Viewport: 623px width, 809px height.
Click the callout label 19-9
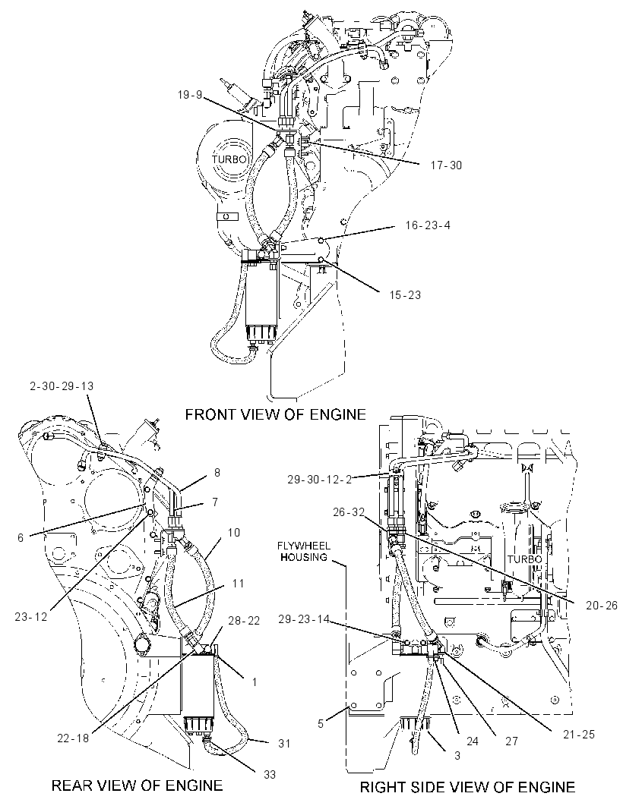pos(190,95)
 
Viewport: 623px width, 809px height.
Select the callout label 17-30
pos(446,165)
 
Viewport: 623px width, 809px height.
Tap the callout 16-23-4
pos(428,225)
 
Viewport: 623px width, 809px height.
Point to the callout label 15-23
pos(405,295)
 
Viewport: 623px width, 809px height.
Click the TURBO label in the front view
pos(230,159)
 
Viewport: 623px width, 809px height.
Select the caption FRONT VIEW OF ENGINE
pos(275,414)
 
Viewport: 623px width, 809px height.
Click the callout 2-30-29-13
pos(62,386)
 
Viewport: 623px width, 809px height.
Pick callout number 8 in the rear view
pos(217,473)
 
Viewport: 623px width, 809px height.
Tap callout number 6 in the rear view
pos(21,537)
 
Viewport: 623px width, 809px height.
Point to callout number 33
pos(270,774)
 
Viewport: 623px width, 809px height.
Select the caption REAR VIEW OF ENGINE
pos(137,785)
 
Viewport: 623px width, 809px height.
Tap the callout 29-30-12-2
pos(319,480)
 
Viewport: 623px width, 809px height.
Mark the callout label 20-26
pos(601,605)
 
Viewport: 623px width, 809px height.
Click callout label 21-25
pos(579,734)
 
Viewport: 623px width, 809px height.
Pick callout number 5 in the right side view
pos(321,724)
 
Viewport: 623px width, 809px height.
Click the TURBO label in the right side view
pos(525,559)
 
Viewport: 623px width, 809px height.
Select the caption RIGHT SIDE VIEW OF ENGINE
pos(467,787)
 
